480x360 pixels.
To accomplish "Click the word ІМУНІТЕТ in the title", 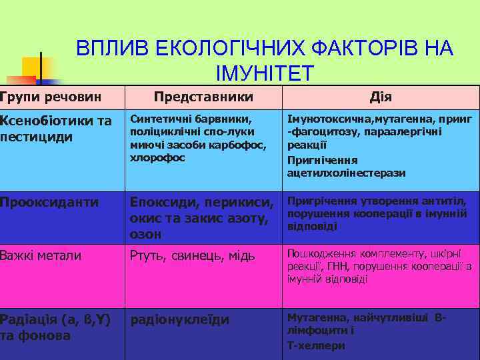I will [x=264, y=73].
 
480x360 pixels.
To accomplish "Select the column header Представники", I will [x=203, y=97].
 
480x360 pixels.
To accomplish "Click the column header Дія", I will [x=381, y=97].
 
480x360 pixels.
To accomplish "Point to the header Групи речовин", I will [x=51, y=97].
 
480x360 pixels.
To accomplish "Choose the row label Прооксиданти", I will [x=49, y=201].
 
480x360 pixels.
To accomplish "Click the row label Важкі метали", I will [x=41, y=255].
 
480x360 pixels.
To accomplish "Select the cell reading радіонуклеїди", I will [x=180, y=319].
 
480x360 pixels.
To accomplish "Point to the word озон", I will [x=146, y=235].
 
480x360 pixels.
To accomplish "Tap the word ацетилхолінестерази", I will [x=346, y=173].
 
